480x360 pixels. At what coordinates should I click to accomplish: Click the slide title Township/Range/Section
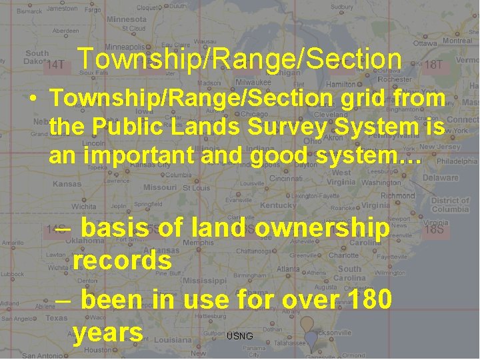(239, 59)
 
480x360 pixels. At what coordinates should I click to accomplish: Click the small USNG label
(240, 336)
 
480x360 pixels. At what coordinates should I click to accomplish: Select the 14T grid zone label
(55, 65)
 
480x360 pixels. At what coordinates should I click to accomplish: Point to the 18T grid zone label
(433, 65)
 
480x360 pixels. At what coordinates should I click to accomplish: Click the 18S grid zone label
(434, 229)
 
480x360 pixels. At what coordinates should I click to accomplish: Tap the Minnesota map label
(127, 19)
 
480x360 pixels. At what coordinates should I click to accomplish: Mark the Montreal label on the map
(457, 40)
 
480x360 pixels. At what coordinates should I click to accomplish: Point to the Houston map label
(98, 350)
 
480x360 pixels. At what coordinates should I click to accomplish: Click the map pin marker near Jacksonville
(307, 327)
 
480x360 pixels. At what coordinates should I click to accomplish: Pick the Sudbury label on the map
(342, 7)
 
